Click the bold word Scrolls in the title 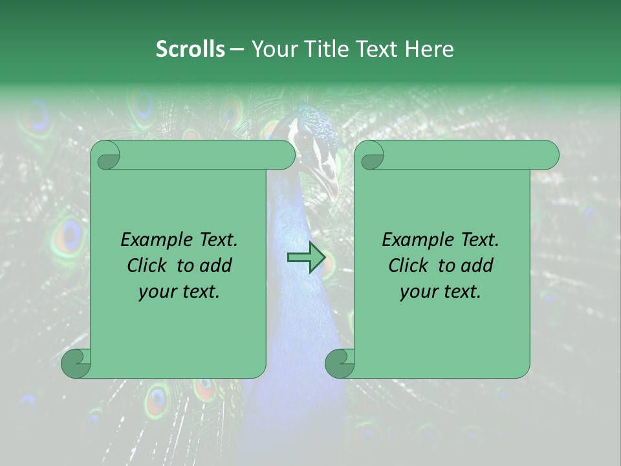[x=190, y=49]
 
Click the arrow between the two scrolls [x=306, y=258]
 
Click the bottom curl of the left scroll [x=75, y=362]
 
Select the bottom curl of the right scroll [x=339, y=362]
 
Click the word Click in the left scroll [x=146, y=265]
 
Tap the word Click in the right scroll [x=407, y=265]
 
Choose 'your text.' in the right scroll [x=441, y=291]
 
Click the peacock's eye [x=304, y=137]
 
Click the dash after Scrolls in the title [x=237, y=49]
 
